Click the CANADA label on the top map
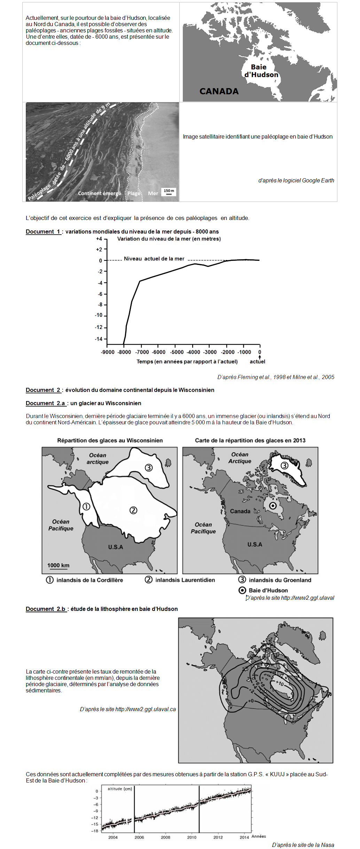[219, 91]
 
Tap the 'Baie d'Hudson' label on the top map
[261, 71]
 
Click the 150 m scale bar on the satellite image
[169, 192]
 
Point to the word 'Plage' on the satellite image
[134, 193]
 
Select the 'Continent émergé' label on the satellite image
[100, 193]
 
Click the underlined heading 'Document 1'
[43, 231]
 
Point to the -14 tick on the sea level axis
[99, 339]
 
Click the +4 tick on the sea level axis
[99, 239]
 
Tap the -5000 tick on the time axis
[177, 352]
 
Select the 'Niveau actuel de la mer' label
[154, 259]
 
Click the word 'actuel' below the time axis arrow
[257, 361]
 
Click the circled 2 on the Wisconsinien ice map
[133, 510]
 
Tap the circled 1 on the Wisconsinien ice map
[86, 506]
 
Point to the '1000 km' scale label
[58, 565]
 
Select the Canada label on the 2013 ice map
[240, 511]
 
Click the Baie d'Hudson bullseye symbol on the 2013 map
[273, 506]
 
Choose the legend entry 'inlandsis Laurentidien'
[185, 580]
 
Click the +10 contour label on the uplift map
[280, 684]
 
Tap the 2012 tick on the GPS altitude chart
[218, 837]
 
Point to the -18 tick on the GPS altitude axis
[95, 831]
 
